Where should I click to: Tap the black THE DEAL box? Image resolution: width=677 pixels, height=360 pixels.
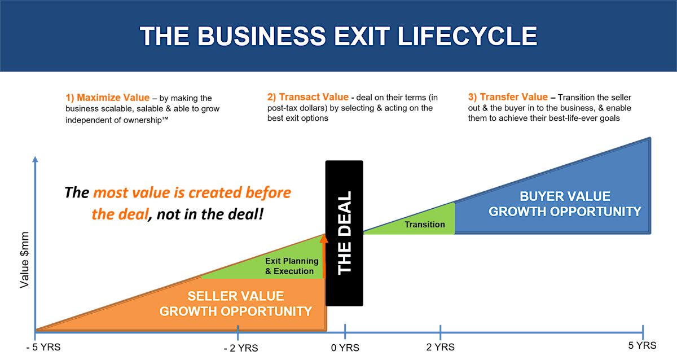[344, 232]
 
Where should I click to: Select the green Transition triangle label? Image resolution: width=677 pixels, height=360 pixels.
[425, 225]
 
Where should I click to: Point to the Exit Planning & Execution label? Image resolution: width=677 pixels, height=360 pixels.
[292, 266]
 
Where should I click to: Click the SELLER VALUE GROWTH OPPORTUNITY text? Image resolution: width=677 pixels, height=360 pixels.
[236, 304]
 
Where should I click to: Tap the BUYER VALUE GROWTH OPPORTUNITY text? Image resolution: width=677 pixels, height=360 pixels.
[565, 204]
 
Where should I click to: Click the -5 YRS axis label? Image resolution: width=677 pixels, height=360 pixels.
[43, 346]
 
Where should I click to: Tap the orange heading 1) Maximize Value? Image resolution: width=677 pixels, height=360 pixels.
[107, 98]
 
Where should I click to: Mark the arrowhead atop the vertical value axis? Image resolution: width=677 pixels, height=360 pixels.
[35, 160]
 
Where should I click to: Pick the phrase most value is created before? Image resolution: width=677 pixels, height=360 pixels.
[192, 193]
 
